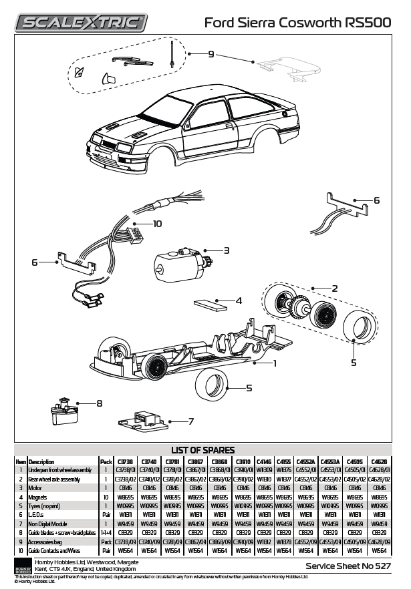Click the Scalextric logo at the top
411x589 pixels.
[x=81, y=23]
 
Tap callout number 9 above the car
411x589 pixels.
[x=211, y=53]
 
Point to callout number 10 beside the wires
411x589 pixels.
[x=158, y=224]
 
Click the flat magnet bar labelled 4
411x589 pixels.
[x=211, y=305]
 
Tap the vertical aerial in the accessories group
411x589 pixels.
[x=173, y=53]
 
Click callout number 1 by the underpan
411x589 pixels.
[x=274, y=363]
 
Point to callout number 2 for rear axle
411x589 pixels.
[x=334, y=288]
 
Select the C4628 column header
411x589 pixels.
[x=379, y=461]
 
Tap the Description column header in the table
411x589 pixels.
[x=41, y=461]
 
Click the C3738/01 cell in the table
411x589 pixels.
[x=127, y=470]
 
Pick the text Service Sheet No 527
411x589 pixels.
[x=348, y=566]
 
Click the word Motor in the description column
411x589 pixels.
[x=35, y=488]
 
